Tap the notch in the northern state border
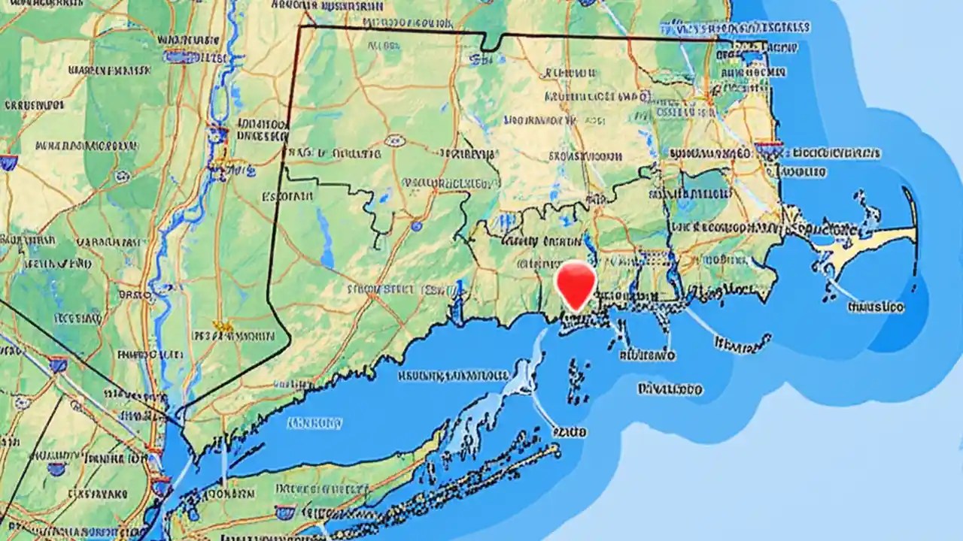point(490,44)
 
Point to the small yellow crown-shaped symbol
point(223,326)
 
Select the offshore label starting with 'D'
point(670,389)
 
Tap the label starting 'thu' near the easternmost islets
point(875,307)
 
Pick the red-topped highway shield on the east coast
point(768,148)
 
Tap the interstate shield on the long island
point(284,512)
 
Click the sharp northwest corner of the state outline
point(300,27)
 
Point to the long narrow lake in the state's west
point(325,239)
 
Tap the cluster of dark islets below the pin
point(578,379)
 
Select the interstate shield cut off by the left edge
point(8,162)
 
